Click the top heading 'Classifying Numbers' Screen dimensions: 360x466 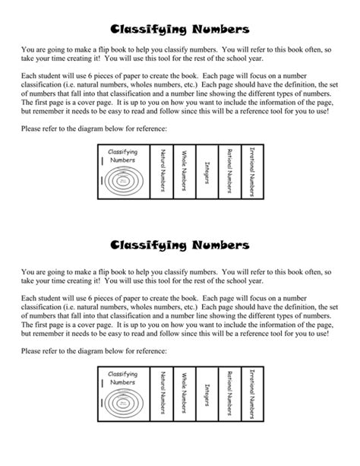(x=179, y=30)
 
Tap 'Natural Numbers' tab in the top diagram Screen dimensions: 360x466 (x=162, y=170)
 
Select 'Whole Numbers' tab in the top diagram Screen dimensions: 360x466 (x=184, y=170)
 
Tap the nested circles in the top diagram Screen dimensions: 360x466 (x=122, y=180)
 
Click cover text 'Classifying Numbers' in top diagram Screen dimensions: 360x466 (x=122, y=155)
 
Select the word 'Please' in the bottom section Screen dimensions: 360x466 (x=33, y=350)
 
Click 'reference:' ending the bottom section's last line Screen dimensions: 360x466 (x=150, y=350)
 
